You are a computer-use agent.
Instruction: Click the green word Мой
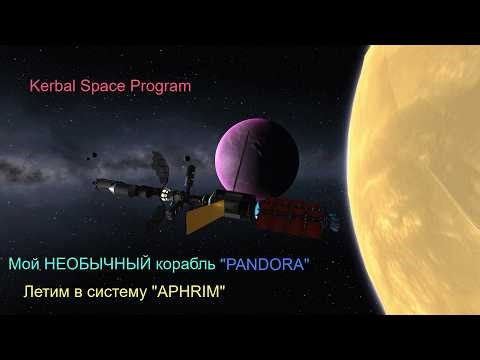[x=22, y=266]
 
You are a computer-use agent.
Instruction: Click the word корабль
[x=184, y=266]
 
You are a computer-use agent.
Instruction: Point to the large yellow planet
[x=420, y=150]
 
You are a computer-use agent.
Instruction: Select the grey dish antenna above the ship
[x=159, y=164]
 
